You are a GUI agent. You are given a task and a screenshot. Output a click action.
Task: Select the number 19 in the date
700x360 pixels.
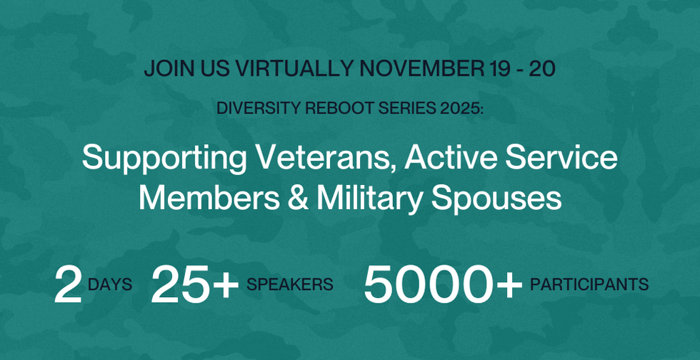498,69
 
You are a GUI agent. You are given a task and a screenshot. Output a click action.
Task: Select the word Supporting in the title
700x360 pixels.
164,159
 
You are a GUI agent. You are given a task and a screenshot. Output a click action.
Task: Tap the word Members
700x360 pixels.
209,199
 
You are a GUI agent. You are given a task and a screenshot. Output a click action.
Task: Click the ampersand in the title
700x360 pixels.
298,199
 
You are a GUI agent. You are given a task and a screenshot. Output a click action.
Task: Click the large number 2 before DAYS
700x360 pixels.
69,284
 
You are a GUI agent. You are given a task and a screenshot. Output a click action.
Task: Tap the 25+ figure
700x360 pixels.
194,284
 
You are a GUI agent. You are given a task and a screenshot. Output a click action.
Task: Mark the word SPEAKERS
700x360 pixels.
290,284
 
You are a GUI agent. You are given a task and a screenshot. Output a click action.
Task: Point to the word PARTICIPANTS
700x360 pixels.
589,284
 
